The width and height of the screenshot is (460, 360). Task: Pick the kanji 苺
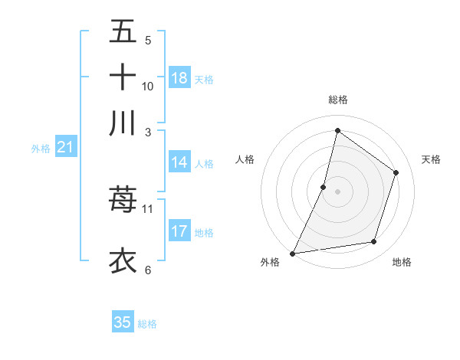coord(123,200)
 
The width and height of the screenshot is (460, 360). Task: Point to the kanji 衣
coord(123,260)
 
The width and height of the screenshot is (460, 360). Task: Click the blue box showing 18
coord(179,78)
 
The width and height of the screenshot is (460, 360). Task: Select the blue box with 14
coord(179,162)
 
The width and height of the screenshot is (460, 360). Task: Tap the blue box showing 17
coord(179,231)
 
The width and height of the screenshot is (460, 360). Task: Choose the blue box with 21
coord(65,148)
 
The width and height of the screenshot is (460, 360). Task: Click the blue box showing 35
coord(123,322)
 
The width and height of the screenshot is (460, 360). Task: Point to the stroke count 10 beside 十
coord(148,87)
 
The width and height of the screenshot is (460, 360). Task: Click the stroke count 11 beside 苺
coord(148,208)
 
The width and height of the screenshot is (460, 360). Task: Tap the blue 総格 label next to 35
coord(147,324)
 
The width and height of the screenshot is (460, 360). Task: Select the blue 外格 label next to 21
coord(40,149)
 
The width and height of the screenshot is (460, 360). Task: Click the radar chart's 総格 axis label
coord(337,100)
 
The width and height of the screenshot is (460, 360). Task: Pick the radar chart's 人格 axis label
coord(245,159)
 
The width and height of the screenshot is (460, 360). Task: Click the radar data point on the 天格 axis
coord(396,172)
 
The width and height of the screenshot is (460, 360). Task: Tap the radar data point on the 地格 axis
coord(374,242)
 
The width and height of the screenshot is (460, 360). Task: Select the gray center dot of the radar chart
coord(337,191)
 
